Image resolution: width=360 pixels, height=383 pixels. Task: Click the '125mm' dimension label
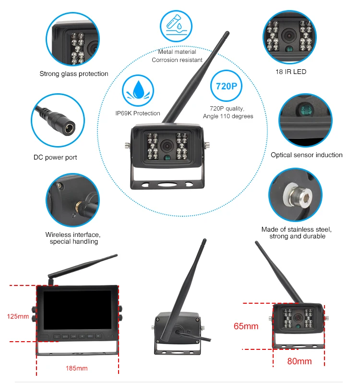pyautogui.click(x=18, y=317)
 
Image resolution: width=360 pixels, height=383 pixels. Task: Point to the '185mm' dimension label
pyautogui.click(x=77, y=369)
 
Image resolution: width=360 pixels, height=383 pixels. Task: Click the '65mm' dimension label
pyautogui.click(x=246, y=326)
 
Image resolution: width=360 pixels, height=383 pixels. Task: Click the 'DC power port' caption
pyautogui.click(x=55, y=158)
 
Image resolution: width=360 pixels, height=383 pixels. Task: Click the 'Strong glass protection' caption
pyautogui.click(x=74, y=74)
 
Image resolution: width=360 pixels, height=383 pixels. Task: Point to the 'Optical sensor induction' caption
pyautogui.click(x=307, y=155)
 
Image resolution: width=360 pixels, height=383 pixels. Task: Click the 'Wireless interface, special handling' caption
pyautogui.click(x=73, y=238)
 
